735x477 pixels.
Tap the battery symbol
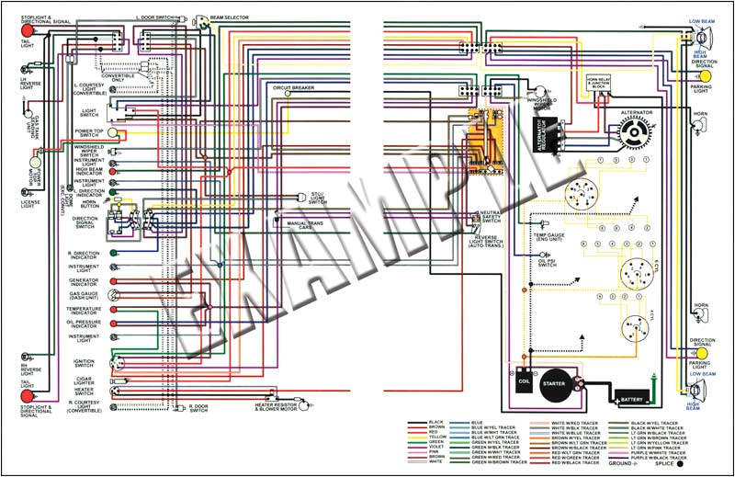[633, 397]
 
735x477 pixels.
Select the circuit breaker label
[293, 87]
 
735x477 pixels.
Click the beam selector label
[231, 17]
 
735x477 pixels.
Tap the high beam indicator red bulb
[113, 171]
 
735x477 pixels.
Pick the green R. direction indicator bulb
[113, 253]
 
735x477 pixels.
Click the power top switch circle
[113, 132]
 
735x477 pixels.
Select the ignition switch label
[85, 362]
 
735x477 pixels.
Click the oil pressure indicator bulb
[113, 323]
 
